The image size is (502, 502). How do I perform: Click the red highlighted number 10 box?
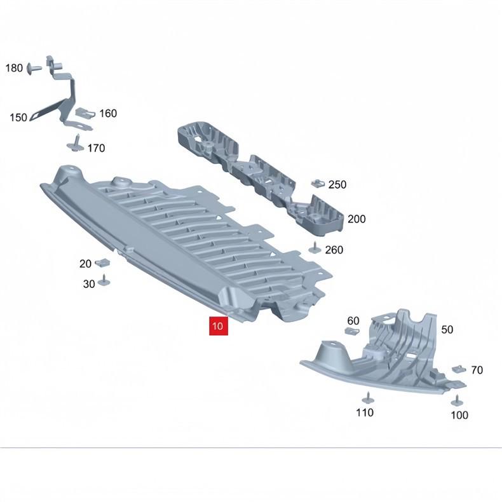219,326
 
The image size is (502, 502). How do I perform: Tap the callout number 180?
14,68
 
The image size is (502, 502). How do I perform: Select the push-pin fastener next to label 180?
34,69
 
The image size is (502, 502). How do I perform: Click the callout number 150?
18,118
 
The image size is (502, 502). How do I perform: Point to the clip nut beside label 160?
85,113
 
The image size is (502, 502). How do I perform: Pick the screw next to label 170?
76,144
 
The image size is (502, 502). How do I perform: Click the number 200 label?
356,219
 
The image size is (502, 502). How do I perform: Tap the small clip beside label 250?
318,184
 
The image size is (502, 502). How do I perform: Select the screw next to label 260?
315,248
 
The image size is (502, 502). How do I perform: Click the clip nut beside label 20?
102,262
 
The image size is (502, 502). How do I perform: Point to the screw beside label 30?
104,280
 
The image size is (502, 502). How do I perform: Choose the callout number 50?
447,330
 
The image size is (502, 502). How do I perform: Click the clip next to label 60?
352,331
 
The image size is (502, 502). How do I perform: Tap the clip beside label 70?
459,369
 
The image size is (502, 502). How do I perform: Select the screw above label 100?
456,401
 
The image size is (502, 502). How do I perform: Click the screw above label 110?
367,398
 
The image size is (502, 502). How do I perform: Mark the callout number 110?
365,412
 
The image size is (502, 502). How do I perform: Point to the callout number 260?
334,250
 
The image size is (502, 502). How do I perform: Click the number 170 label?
96,148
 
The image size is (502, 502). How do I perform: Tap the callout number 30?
89,284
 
